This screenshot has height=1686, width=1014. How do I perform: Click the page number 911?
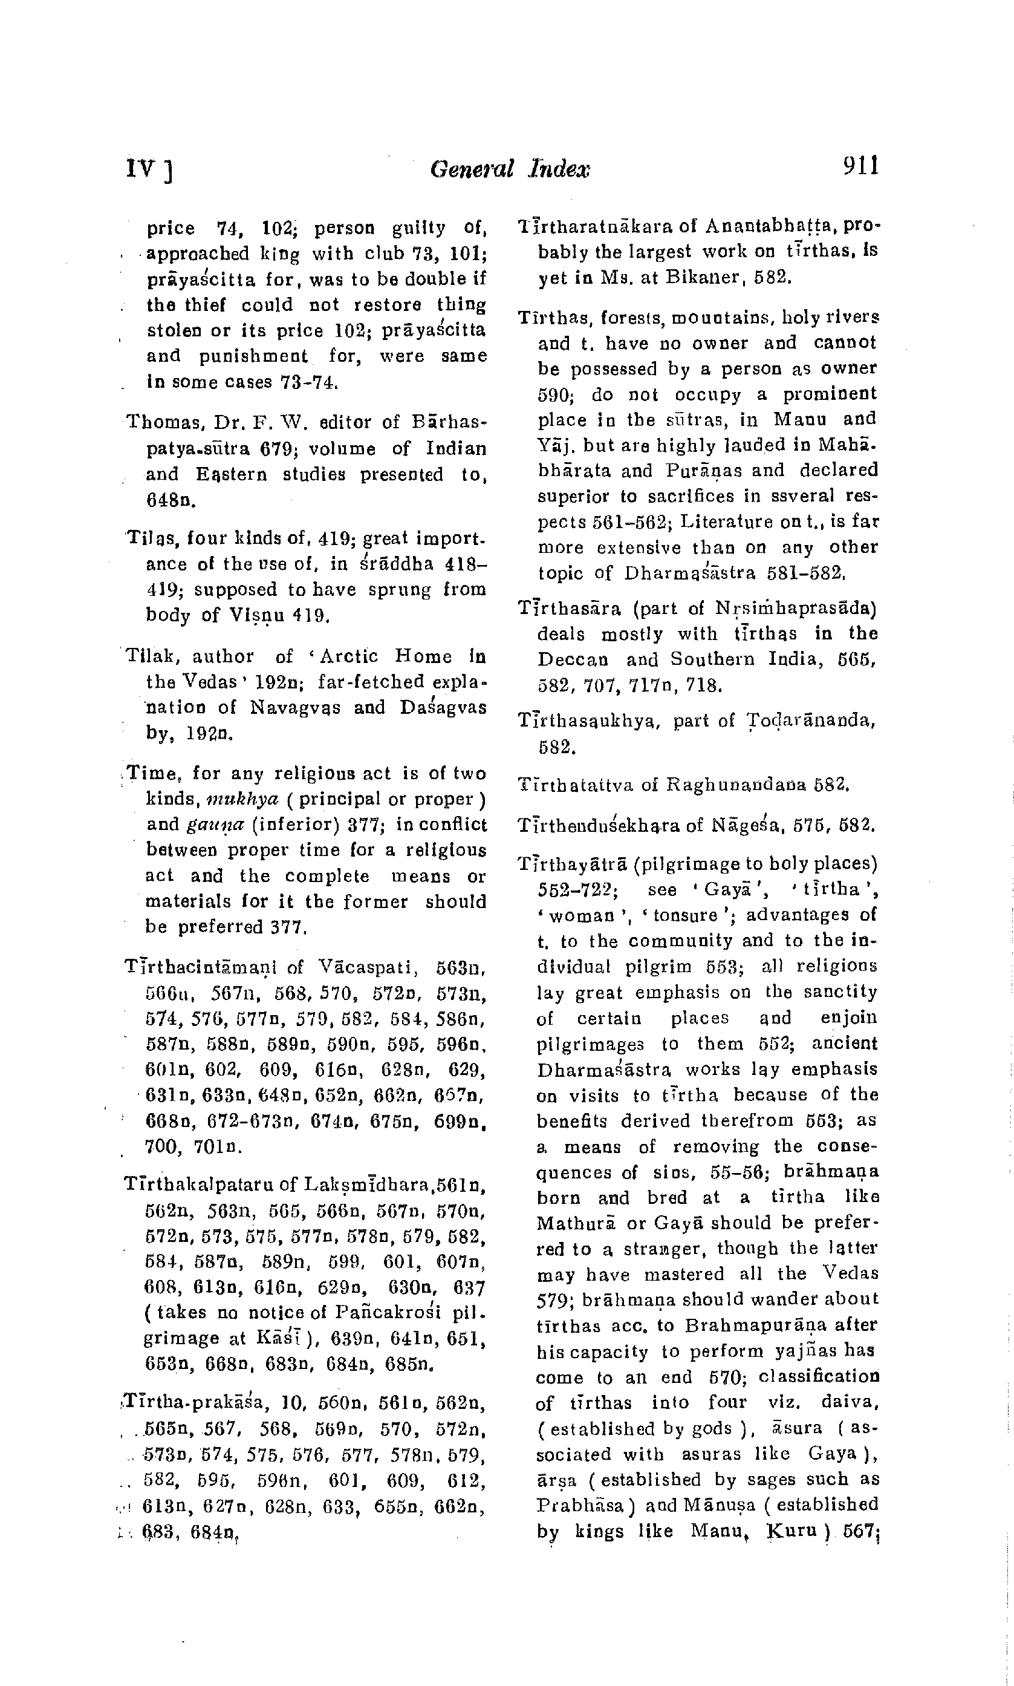click(x=860, y=166)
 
